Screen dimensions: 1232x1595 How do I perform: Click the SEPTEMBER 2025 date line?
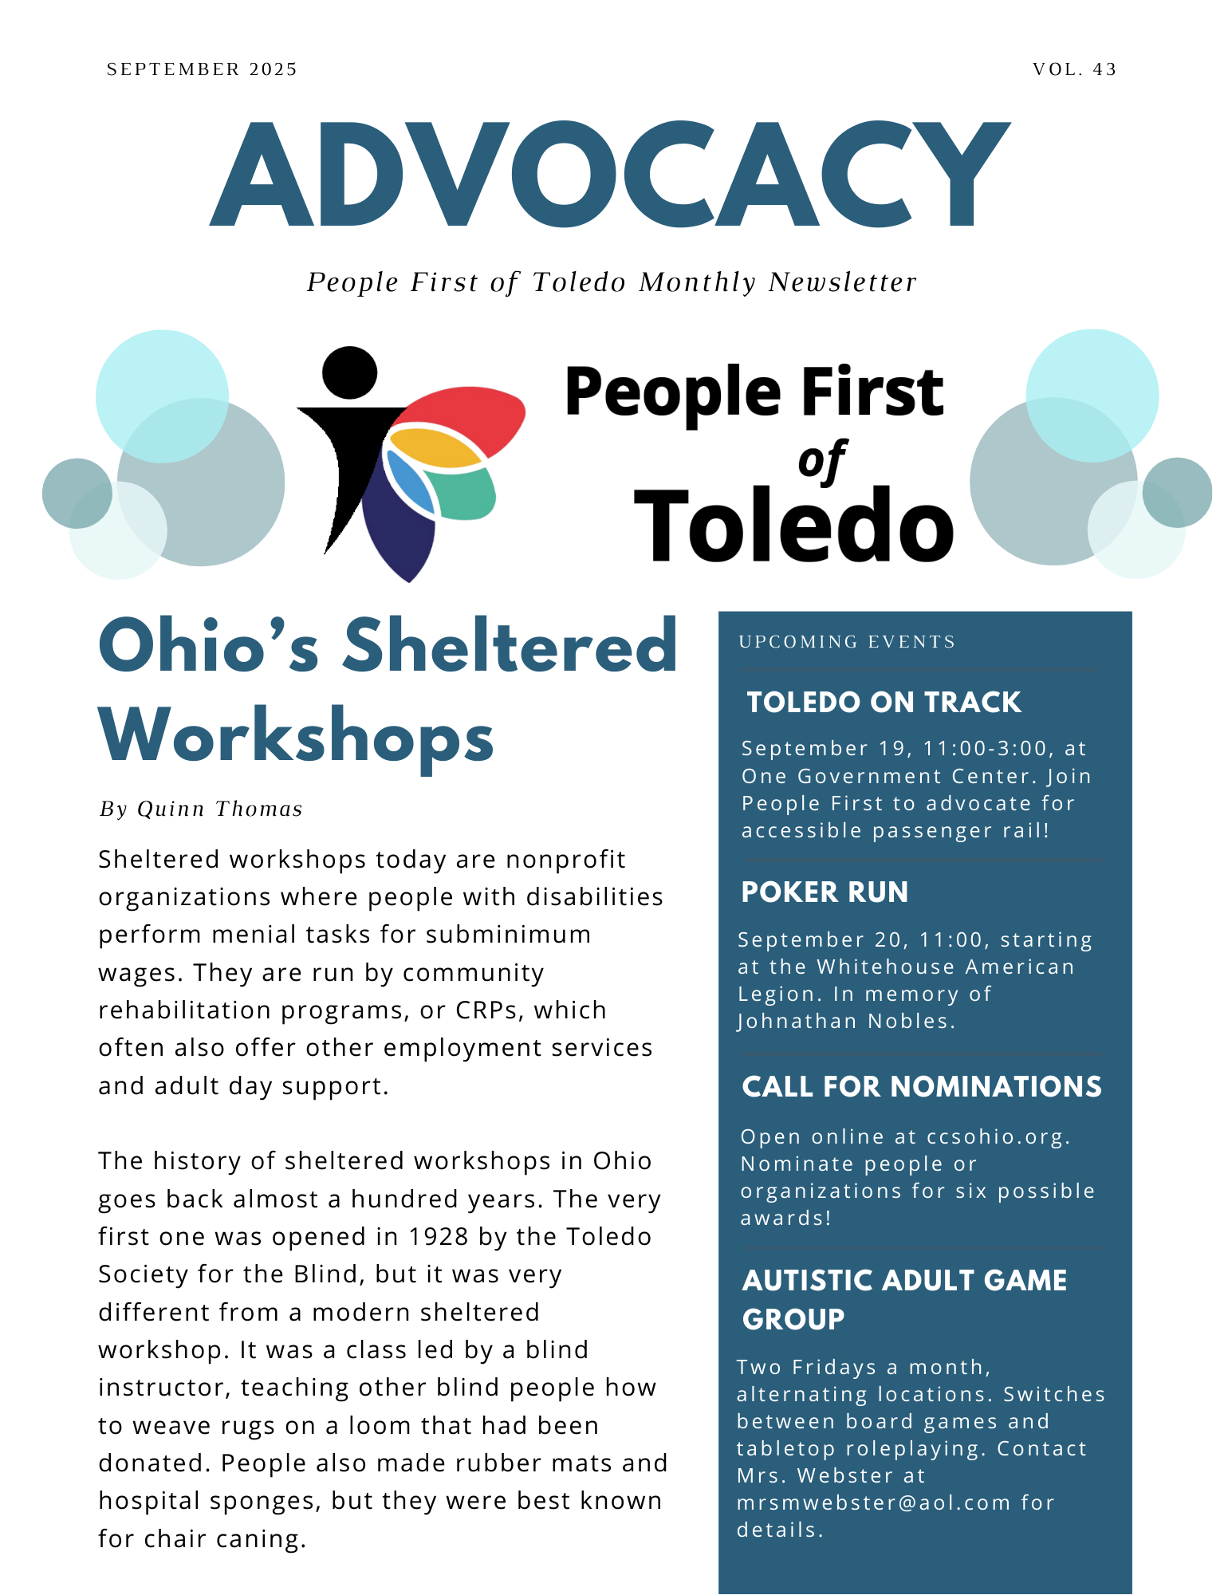pyautogui.click(x=202, y=69)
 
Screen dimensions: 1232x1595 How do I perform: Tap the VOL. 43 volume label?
pyautogui.click(x=1074, y=69)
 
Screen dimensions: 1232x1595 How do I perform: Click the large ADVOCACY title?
pyautogui.click(x=610, y=174)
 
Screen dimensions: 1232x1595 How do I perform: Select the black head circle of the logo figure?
pyautogui.click(x=349, y=372)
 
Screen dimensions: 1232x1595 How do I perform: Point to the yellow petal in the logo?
pyautogui.click(x=435, y=448)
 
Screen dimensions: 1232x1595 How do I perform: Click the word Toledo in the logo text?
pyautogui.click(x=793, y=525)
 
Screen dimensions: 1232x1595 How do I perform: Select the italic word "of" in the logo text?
pyautogui.click(x=822, y=461)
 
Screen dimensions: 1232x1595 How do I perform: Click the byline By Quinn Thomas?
pyautogui.click(x=201, y=809)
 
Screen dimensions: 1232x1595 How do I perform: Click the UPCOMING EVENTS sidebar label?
pyautogui.click(x=847, y=642)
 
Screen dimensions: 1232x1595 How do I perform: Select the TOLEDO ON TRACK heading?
pyautogui.click(x=884, y=703)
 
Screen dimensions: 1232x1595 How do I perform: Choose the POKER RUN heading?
pyautogui.click(x=825, y=892)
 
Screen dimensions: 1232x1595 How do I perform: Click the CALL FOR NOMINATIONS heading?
pyautogui.click(x=922, y=1087)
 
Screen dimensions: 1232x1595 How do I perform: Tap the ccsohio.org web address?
pyautogui.click(x=998, y=1137)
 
